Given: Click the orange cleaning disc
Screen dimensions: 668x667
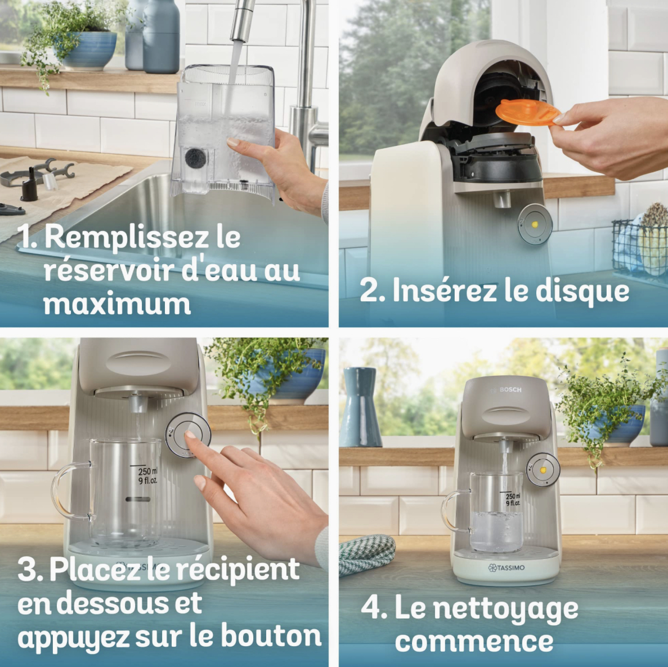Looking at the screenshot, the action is tap(527, 112).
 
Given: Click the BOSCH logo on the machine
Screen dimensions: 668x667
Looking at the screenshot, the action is tap(510, 390).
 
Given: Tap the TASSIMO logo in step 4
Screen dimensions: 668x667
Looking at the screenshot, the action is tap(506, 568).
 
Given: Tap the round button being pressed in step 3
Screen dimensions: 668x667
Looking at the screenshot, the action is tap(188, 435).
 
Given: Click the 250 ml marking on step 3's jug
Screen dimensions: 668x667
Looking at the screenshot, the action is tap(147, 472).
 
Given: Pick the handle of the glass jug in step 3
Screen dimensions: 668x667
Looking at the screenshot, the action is tap(69, 491).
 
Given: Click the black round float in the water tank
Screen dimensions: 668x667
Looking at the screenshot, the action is tap(195, 158).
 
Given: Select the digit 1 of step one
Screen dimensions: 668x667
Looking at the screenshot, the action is tap(27, 237).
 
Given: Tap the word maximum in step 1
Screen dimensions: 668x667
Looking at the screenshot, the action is tap(116, 304).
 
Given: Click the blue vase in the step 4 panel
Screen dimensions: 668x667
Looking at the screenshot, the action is tap(360, 407).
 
